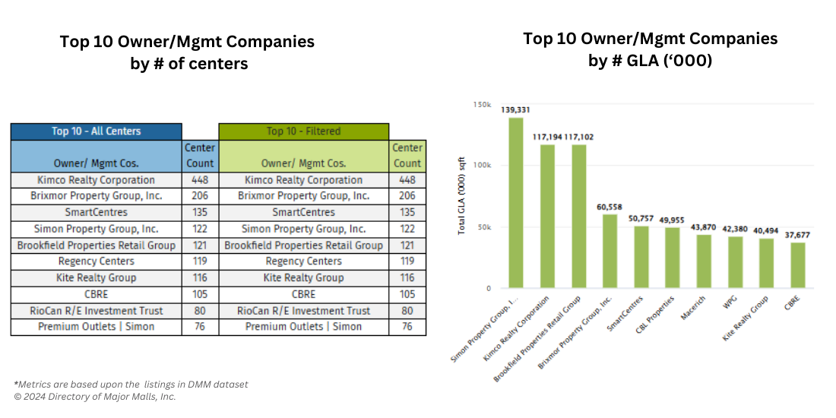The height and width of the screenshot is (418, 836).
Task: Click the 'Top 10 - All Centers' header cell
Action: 96,131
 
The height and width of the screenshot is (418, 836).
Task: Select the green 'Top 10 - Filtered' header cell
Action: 303,131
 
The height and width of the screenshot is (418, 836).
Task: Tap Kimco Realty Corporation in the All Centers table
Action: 96,180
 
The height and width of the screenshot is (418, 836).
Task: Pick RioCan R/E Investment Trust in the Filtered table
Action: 303,310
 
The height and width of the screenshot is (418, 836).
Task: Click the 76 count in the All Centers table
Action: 201,327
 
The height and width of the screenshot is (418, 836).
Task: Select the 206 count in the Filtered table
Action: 407,196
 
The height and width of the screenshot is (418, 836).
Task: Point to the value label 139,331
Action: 515,109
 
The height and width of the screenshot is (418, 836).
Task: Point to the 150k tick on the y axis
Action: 482,103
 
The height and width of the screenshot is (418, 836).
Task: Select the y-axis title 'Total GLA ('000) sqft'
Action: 461,195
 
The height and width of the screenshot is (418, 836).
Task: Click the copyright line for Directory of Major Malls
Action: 95,397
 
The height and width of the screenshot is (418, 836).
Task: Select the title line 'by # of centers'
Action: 188,64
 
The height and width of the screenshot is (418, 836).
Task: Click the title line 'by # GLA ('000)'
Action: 650,61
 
